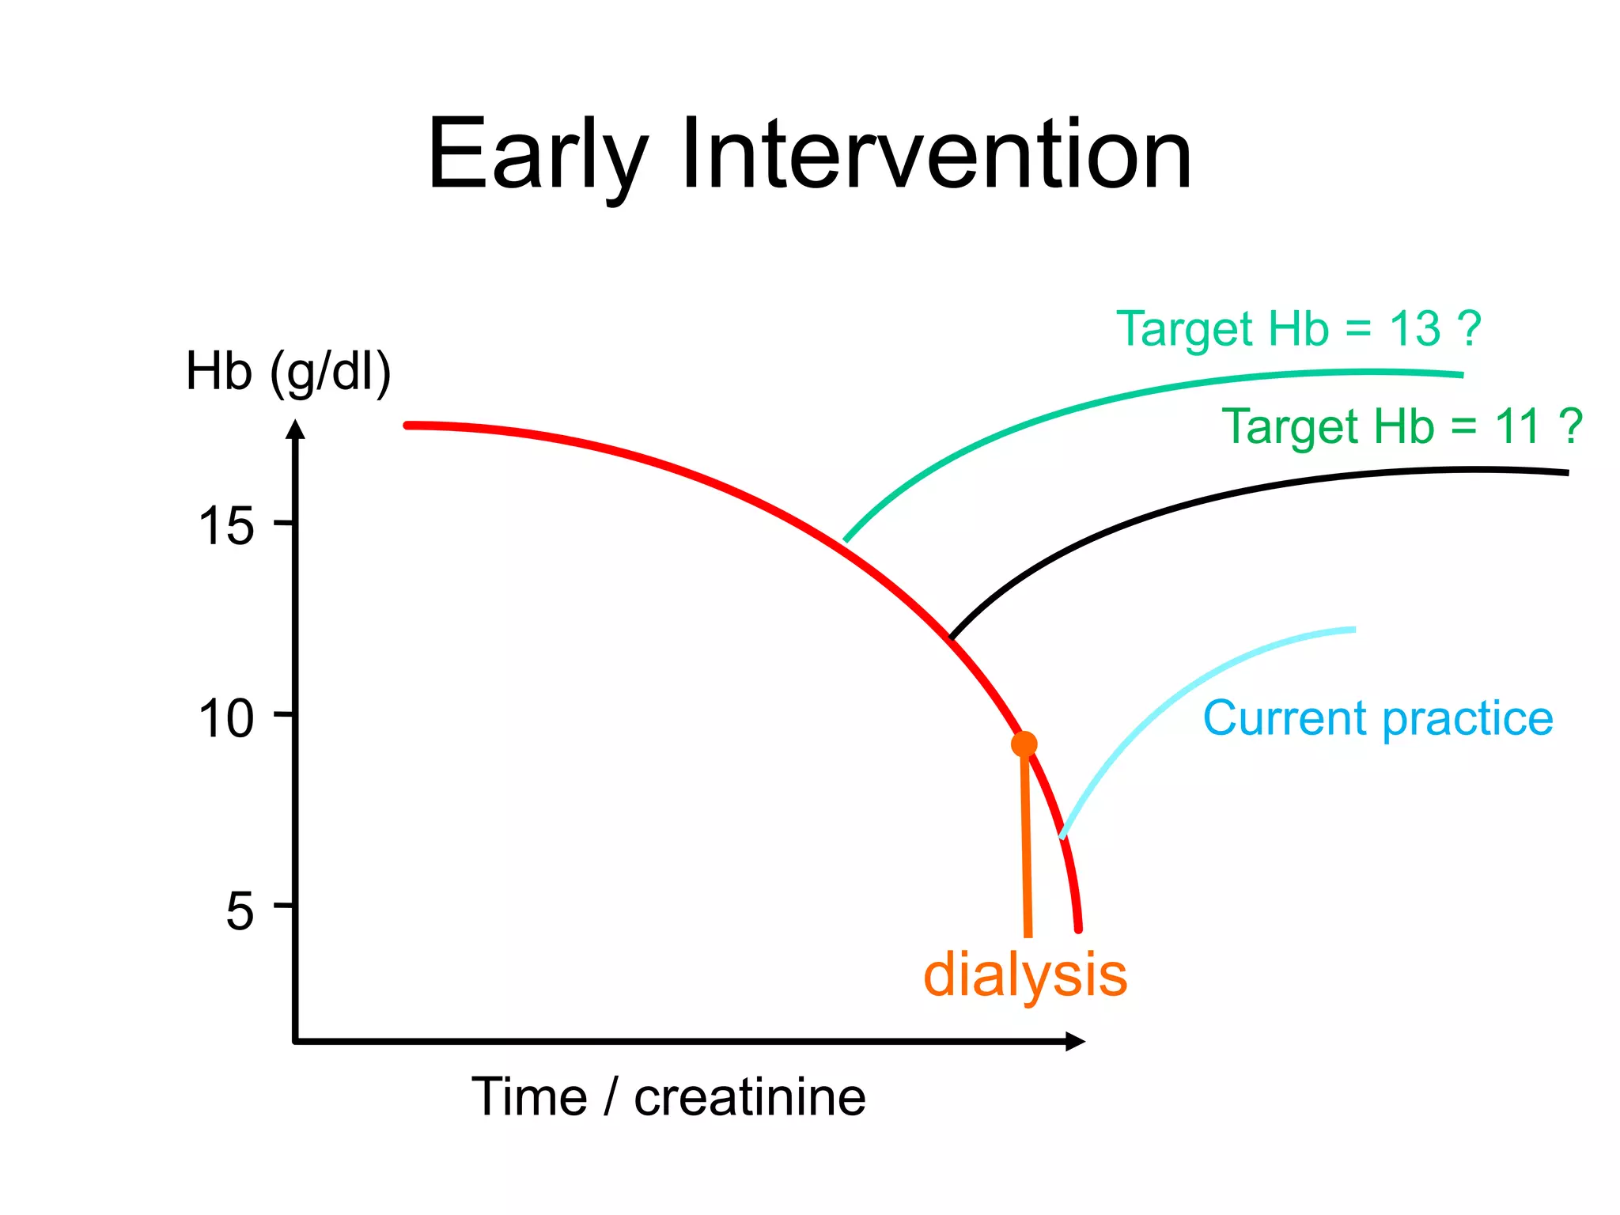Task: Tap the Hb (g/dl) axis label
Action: pyautogui.click(x=288, y=372)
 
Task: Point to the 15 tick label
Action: pyautogui.click(x=226, y=526)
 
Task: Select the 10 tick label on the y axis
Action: pyautogui.click(x=226, y=719)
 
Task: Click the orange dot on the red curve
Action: pyautogui.click(x=1024, y=744)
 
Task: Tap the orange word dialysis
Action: pyautogui.click(x=1025, y=975)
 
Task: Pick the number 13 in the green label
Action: pyautogui.click(x=1415, y=328)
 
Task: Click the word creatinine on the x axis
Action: pyautogui.click(x=749, y=1097)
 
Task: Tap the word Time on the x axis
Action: pyautogui.click(x=529, y=1097)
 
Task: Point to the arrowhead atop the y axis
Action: pyautogui.click(x=295, y=428)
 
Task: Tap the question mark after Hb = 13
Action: pyautogui.click(x=1469, y=328)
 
